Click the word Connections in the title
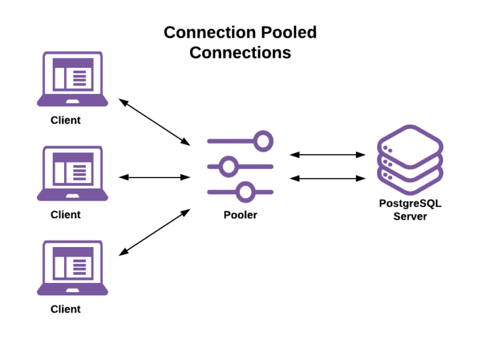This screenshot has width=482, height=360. pyautogui.click(x=240, y=53)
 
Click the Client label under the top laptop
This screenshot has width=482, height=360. pyautogui.click(x=66, y=120)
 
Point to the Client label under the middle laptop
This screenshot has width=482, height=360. pyautogui.click(x=66, y=214)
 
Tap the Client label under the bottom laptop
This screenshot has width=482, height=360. pyautogui.click(x=66, y=309)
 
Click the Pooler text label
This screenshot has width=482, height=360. pyautogui.click(x=240, y=215)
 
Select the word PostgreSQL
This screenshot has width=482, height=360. pyautogui.click(x=410, y=204)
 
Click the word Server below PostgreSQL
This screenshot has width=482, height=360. pyautogui.click(x=410, y=216)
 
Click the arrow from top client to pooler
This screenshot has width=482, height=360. pyautogui.click(x=154, y=122)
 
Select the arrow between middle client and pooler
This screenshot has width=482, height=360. pyautogui.click(x=154, y=177)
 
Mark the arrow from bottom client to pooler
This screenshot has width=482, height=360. pyautogui.click(x=154, y=232)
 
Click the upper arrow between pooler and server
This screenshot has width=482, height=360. pyautogui.click(x=328, y=154)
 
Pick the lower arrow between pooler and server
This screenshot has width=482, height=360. pyautogui.click(x=328, y=178)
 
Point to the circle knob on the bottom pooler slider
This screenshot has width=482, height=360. pyautogui.click(x=247, y=191)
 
